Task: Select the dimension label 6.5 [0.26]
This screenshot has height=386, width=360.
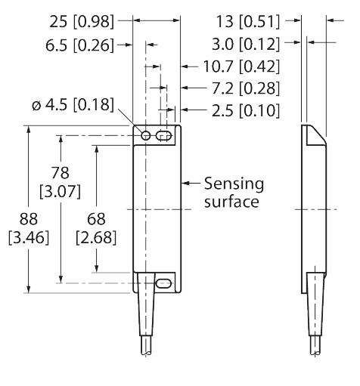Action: point(79,46)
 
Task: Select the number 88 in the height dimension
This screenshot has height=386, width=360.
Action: point(28,219)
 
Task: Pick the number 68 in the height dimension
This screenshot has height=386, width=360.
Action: point(97,219)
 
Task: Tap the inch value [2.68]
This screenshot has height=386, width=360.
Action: point(97,238)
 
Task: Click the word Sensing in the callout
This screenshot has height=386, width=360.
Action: point(234,184)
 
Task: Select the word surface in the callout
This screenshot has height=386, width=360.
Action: point(233,202)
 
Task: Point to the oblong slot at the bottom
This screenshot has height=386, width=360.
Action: point(163,283)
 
